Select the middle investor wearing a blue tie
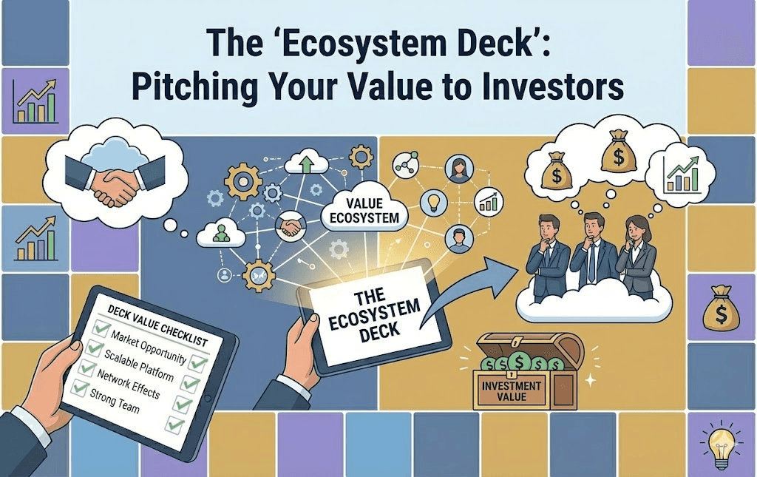pyautogui.click(x=591, y=251)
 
